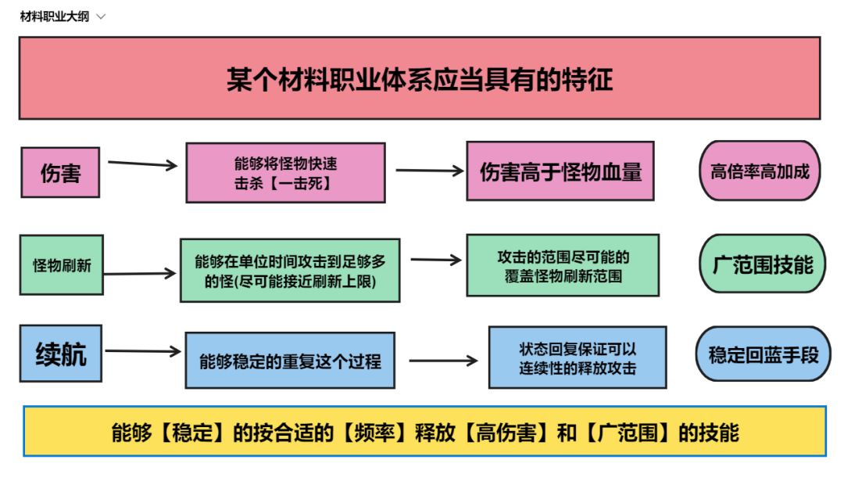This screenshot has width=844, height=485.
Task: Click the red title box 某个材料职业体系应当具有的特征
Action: pyautogui.click(x=420, y=78)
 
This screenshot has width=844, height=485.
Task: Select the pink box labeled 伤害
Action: pyautogui.click(x=60, y=172)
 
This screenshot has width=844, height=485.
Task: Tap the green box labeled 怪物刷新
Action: pyautogui.click(x=62, y=265)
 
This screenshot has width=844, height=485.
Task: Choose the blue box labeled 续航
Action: pyautogui.click(x=61, y=354)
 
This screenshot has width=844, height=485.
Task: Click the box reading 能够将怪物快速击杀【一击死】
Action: pyautogui.click(x=285, y=172)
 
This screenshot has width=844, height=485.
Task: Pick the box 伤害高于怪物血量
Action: pyautogui.click(x=560, y=171)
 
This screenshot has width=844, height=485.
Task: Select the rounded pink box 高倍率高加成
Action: pyautogui.click(x=760, y=171)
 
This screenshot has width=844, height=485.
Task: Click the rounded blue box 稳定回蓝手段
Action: pyautogui.click(x=763, y=354)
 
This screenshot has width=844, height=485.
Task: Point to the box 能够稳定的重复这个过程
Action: pyautogui.click(x=290, y=361)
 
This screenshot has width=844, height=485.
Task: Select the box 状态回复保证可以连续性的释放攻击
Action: pyautogui.click(x=578, y=357)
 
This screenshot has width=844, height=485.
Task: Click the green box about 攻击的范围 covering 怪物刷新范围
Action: pyautogui.click(x=563, y=265)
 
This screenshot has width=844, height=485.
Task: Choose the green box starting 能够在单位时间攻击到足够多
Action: pyautogui.click(x=290, y=270)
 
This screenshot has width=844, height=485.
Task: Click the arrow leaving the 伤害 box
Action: pyautogui.click(x=142, y=164)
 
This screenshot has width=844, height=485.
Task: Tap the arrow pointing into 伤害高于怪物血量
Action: pyautogui.click(x=429, y=171)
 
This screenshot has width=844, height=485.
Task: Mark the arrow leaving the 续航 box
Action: pyautogui.click(x=142, y=351)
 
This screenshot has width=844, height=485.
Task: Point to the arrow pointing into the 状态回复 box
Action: pyautogui.click(x=442, y=361)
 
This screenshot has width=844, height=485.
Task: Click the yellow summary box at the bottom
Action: pyautogui.click(x=424, y=431)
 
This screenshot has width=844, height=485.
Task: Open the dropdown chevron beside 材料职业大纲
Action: pyautogui.click(x=100, y=16)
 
